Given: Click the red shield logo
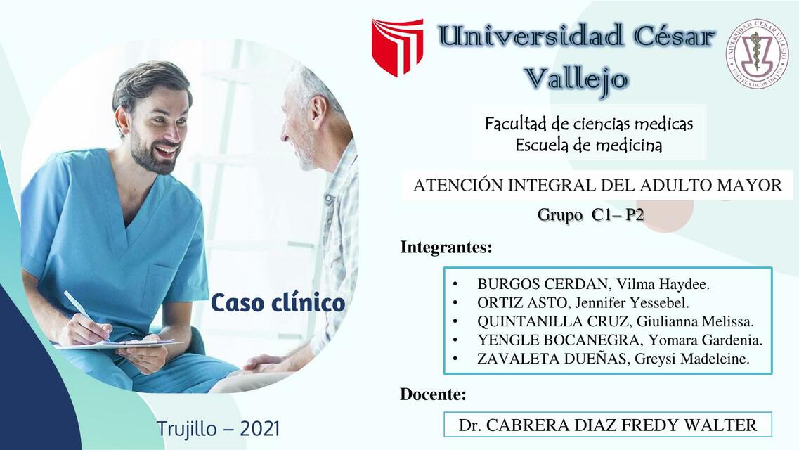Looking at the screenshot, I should click(x=398, y=46).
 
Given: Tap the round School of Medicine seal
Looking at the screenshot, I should click(x=757, y=54).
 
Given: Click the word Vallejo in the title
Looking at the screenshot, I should click(x=576, y=78).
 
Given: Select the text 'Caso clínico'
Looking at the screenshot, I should click(x=278, y=303).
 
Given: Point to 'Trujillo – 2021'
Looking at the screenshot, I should click(x=219, y=428).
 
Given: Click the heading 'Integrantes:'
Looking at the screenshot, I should click(x=446, y=247).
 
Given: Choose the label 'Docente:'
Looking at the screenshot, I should click(x=433, y=394).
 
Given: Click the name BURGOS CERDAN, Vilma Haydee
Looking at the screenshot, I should click(x=593, y=285).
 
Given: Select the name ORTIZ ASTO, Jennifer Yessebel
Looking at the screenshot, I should click(x=583, y=303).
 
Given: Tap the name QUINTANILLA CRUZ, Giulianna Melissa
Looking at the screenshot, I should click(x=615, y=322).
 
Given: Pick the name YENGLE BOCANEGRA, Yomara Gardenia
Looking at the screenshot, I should click(x=620, y=340).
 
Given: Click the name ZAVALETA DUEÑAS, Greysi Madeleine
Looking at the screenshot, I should click(x=613, y=359).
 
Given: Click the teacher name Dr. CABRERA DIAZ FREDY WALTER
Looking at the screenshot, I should click(x=607, y=425).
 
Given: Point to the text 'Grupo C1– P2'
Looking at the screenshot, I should click(x=590, y=215).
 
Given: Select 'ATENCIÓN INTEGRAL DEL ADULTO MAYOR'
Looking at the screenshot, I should click(x=597, y=186).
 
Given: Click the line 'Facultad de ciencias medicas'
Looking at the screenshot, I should click(x=589, y=124).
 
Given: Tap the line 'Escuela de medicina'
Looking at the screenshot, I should click(x=589, y=146).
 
